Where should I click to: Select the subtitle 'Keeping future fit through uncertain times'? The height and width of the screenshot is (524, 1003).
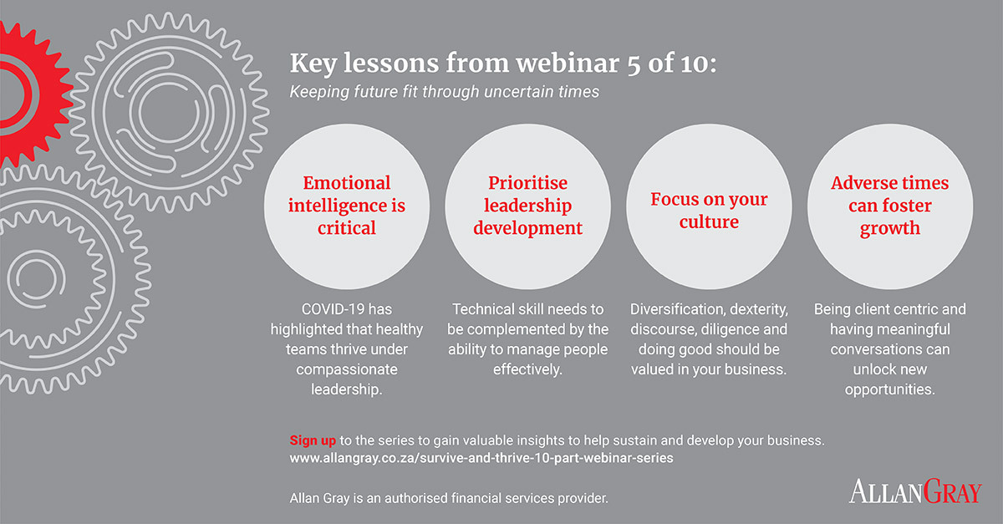(444, 92)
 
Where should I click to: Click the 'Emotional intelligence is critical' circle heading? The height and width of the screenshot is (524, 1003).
(347, 206)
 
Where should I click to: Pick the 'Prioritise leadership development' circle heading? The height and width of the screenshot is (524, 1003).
(527, 206)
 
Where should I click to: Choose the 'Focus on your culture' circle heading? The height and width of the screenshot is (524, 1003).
(709, 211)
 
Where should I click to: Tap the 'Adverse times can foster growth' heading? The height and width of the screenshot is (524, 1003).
(889, 206)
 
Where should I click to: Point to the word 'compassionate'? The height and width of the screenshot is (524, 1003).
(347, 369)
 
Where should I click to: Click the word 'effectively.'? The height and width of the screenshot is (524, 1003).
(527, 369)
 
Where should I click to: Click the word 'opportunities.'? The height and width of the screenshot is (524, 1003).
(889, 389)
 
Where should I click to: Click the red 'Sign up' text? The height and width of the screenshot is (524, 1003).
(313, 440)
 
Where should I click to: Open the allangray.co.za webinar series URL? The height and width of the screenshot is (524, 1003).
(481, 458)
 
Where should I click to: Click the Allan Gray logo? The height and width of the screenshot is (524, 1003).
(916, 491)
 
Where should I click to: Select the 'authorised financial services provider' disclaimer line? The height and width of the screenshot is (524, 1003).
(449, 498)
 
